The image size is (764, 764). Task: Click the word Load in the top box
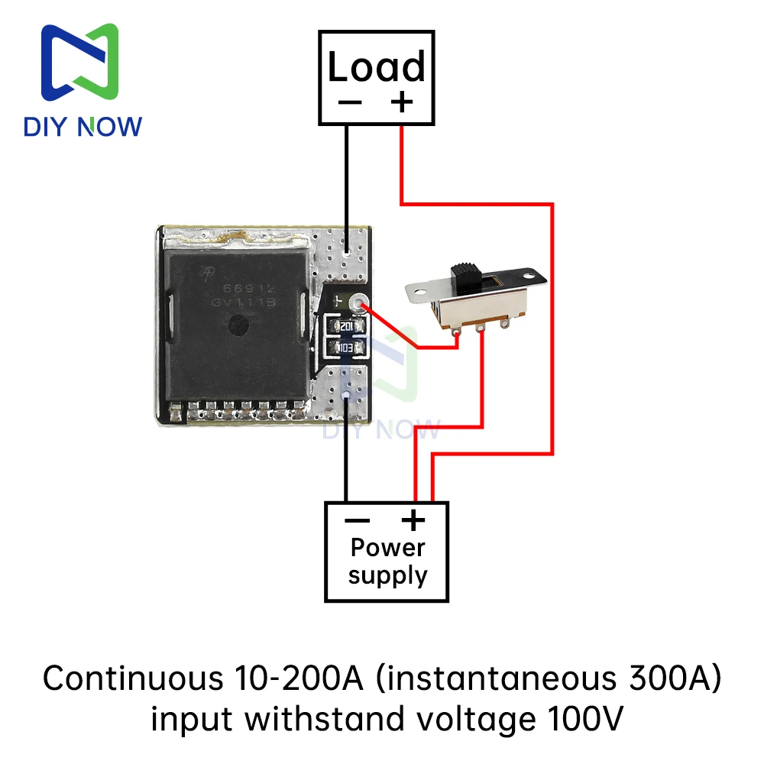pos(376,66)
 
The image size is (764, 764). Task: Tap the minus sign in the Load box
pos(350,102)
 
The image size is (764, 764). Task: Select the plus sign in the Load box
pos(402,102)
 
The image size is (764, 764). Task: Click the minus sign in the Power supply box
pos(357,520)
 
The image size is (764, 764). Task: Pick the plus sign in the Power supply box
pos(413,520)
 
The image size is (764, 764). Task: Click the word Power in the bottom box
pos(388,548)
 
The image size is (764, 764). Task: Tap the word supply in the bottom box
pos(388,575)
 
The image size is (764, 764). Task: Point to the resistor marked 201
pos(346,326)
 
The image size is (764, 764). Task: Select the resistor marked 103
pos(346,348)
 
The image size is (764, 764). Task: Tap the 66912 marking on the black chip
pos(250,289)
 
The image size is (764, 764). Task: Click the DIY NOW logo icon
pos(80,62)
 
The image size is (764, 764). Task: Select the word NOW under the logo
pos(110,127)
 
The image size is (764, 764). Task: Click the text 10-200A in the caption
pos(299,678)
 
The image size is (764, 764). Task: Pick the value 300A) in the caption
pos(675,678)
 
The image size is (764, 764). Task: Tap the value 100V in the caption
pos(585,719)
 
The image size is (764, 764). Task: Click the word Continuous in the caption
pos(133,678)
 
